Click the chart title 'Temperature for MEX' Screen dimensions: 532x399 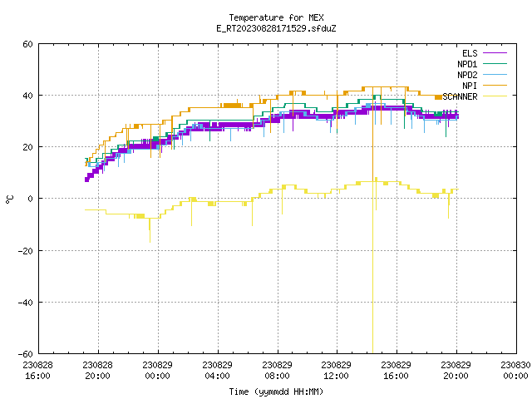(x=276, y=17)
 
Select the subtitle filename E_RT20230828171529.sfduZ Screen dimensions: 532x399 (x=276, y=28)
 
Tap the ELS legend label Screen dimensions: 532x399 (x=470, y=53)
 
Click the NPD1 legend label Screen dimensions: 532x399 (x=467, y=64)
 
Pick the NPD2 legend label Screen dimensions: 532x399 (x=467, y=75)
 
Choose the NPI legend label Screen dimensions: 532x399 (x=470, y=86)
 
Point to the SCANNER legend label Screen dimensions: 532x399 (x=460, y=96)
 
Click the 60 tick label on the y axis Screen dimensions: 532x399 (x=27, y=44)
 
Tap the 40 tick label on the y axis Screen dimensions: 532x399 (x=27, y=96)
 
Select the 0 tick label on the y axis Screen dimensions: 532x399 (x=30, y=199)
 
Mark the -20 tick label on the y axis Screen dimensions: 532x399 (x=26, y=251)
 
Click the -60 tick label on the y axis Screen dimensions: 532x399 (x=26, y=354)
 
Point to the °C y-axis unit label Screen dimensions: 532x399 (x=10, y=199)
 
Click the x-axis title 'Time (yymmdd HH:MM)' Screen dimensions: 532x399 (x=276, y=392)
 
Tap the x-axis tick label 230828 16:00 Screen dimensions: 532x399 (x=38, y=371)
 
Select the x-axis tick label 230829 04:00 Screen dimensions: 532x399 (x=218, y=371)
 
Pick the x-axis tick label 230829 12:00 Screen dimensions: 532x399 (x=336, y=371)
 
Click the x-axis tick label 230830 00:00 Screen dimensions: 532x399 (x=515, y=371)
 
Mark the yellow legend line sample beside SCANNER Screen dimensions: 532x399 (x=495, y=96)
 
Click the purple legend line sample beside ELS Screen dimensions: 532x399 (x=495, y=53)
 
